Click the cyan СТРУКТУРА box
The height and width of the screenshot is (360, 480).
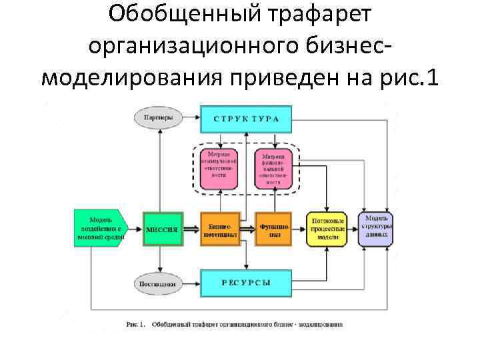(x=246, y=119)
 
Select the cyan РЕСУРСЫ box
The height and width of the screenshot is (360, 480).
(x=246, y=283)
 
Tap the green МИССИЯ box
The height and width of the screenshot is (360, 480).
(x=162, y=229)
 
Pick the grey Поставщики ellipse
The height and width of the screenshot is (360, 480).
(x=158, y=283)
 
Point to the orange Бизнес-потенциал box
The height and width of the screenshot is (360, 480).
(x=219, y=229)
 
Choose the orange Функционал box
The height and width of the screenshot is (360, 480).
(x=273, y=229)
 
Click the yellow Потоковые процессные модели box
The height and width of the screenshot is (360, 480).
(x=327, y=229)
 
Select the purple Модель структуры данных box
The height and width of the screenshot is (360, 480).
(x=375, y=229)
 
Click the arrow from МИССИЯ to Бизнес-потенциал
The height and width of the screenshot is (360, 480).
(x=191, y=229)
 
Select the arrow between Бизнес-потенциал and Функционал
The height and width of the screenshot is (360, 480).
(x=246, y=229)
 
